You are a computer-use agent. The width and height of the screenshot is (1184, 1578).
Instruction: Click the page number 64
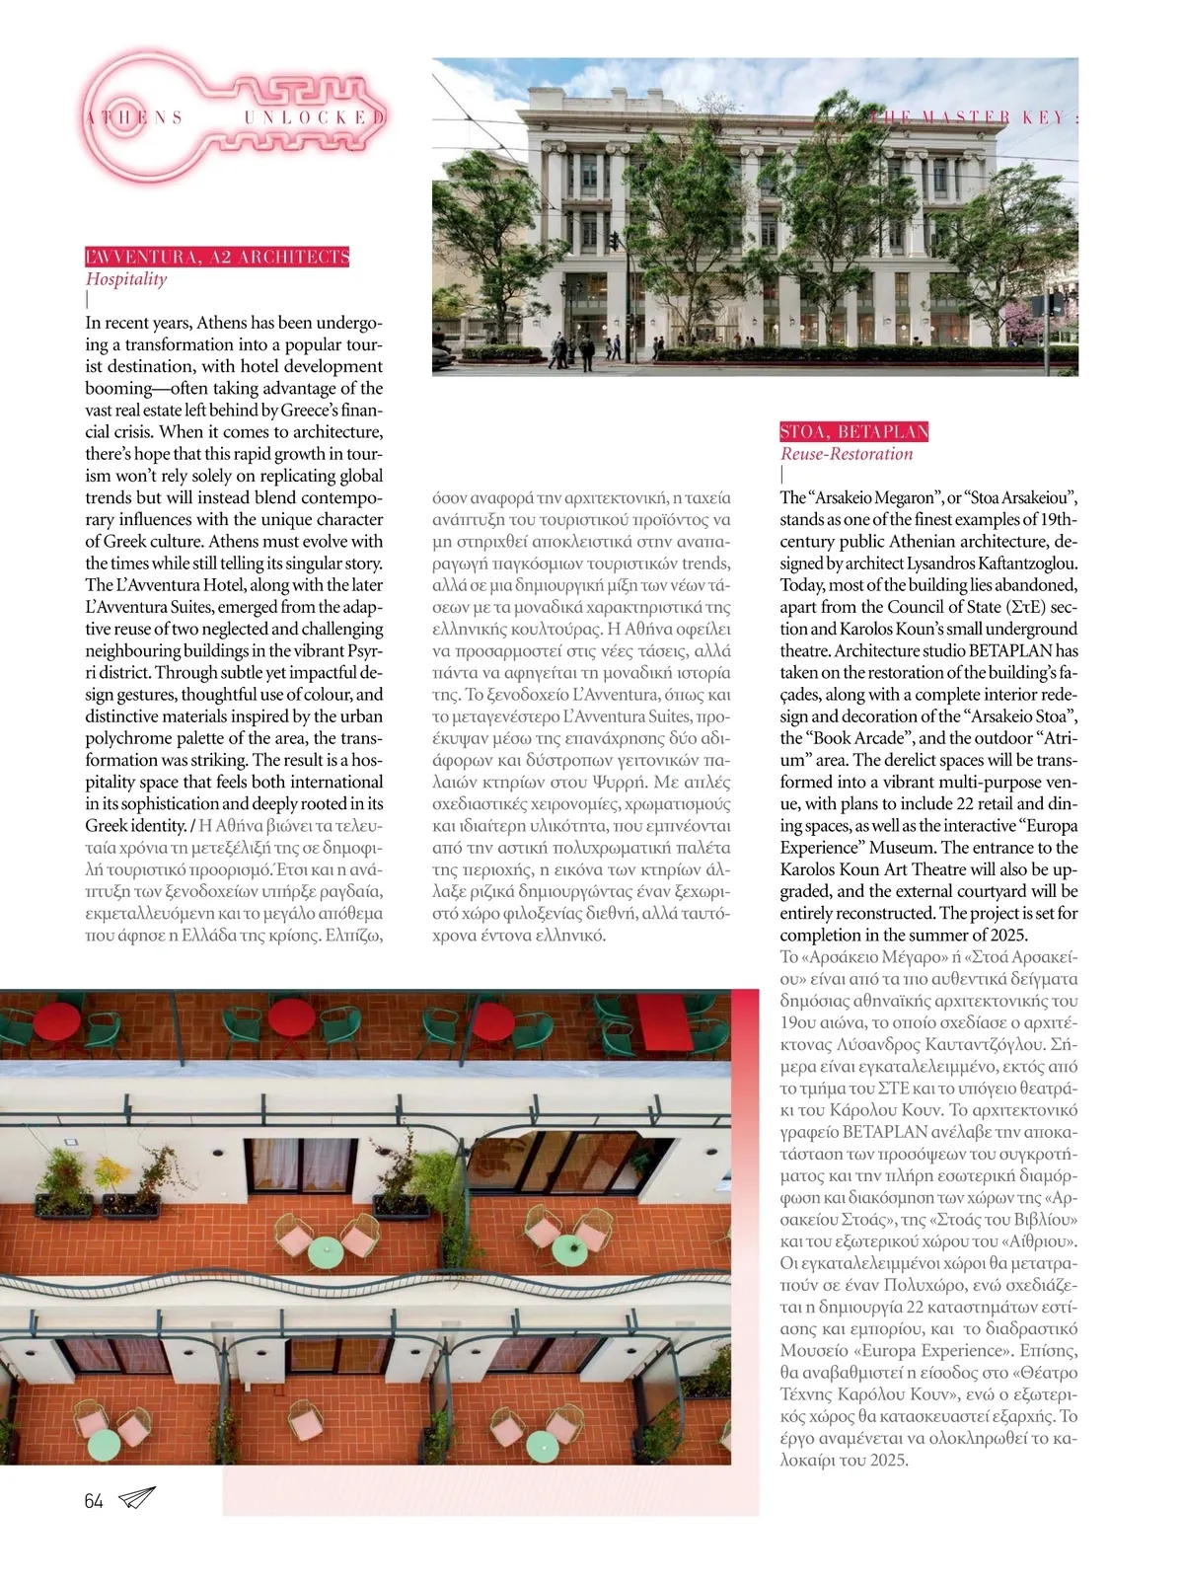click(x=94, y=1501)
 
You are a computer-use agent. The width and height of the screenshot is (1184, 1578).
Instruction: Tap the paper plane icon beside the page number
click(x=136, y=1498)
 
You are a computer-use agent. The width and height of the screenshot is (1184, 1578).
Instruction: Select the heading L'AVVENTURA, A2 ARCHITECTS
click(x=217, y=258)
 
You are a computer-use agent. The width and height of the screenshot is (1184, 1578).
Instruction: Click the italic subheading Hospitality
click(x=126, y=279)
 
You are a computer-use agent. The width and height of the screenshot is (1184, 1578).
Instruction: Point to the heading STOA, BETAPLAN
click(x=853, y=431)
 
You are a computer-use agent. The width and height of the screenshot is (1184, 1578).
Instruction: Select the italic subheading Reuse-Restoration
click(x=847, y=454)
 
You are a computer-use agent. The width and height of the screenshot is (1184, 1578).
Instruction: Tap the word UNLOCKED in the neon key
click(x=314, y=117)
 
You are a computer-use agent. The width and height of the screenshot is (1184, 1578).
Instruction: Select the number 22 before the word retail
click(x=997, y=803)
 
